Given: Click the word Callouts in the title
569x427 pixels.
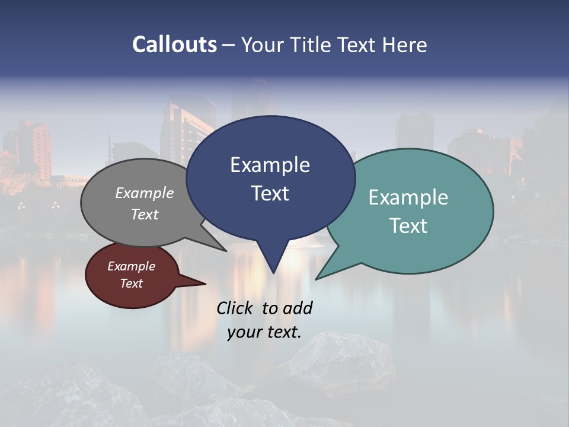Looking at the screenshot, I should click(174, 44).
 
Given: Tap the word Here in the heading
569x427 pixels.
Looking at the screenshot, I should click(405, 44).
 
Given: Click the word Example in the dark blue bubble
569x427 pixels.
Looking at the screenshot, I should click(270, 165).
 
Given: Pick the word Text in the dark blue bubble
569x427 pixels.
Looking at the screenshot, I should click(270, 193).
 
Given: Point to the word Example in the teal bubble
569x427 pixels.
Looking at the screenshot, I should click(408, 197).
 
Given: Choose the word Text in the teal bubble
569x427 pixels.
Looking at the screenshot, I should click(408, 226).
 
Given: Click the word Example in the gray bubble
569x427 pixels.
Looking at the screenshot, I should click(145, 193).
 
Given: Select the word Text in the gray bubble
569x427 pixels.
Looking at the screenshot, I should click(145, 214).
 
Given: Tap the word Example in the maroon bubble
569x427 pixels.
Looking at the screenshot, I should click(131, 266).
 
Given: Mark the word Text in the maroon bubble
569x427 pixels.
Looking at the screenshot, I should click(131, 283).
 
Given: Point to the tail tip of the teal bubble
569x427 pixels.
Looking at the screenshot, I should click(317, 278).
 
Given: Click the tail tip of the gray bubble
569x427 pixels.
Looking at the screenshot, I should click(225, 250).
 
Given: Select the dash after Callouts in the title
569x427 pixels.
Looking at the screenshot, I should click(229, 44).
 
